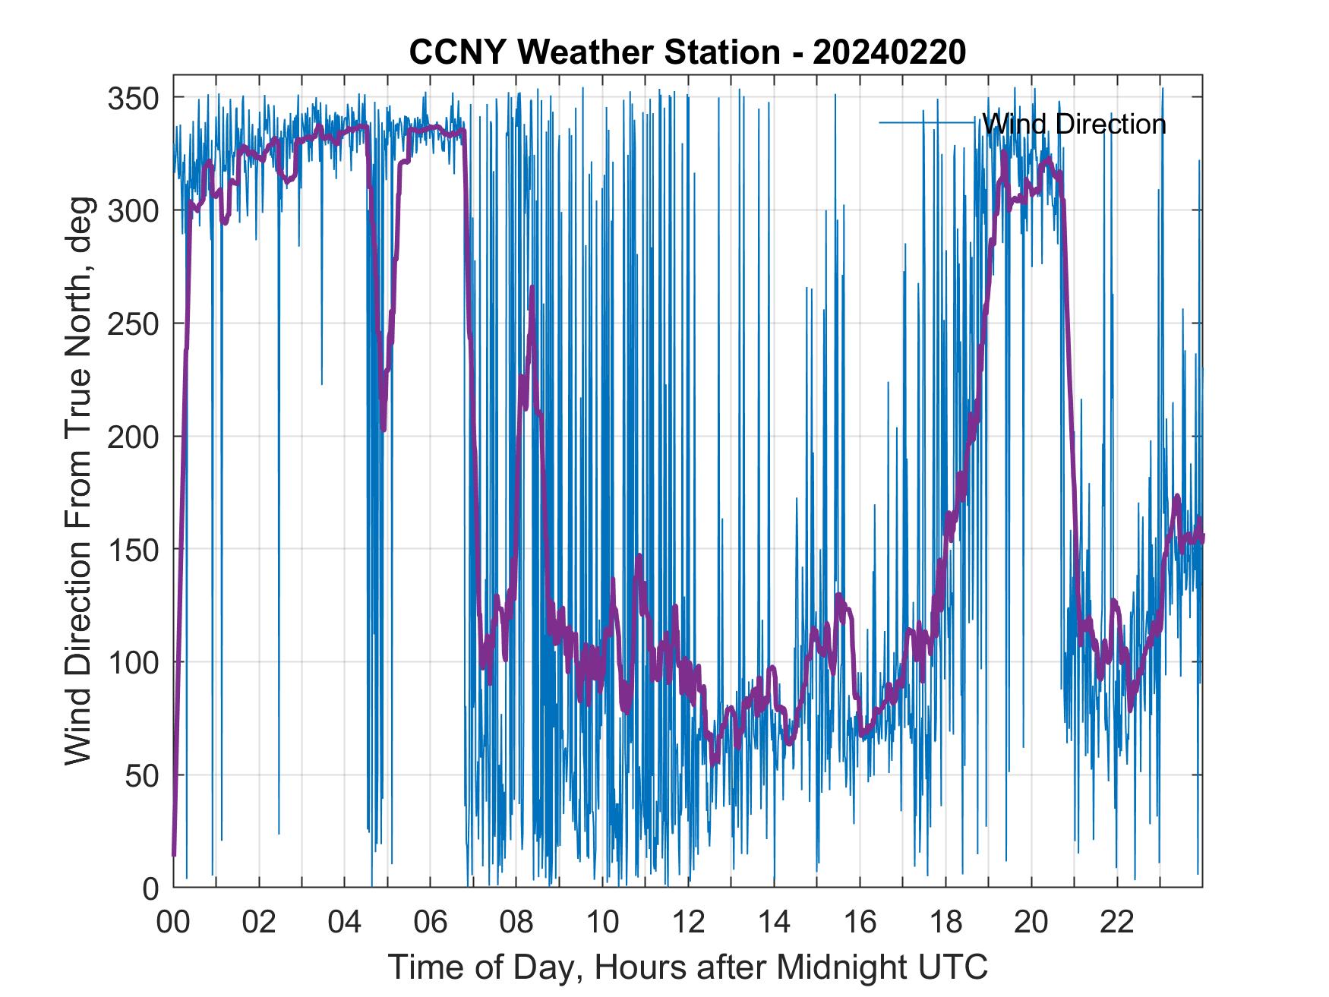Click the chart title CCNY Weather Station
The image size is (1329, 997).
(x=595, y=53)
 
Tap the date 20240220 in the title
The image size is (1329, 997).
(x=889, y=53)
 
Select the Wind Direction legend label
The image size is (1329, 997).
(x=1074, y=124)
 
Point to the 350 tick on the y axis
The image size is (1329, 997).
(x=134, y=98)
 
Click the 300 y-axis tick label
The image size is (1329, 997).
(x=134, y=210)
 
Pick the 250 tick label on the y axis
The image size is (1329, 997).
(x=134, y=323)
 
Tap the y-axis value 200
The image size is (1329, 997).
(x=134, y=437)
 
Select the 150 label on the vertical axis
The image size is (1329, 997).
(x=134, y=549)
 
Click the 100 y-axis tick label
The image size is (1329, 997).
(x=134, y=662)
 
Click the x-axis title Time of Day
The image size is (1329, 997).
(x=688, y=967)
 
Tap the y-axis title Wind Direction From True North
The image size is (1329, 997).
(x=78, y=481)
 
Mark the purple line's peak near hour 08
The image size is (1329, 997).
(x=532, y=287)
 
